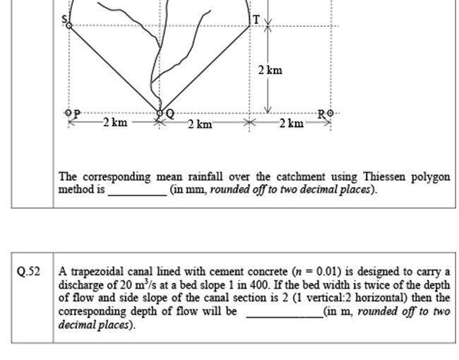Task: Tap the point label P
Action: [76, 112]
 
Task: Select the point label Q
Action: [169, 113]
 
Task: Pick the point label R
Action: [321, 113]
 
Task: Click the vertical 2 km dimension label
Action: [270, 70]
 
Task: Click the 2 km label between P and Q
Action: [114, 123]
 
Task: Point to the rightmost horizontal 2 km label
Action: [291, 124]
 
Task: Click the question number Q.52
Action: [29, 272]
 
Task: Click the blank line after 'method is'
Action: [136, 191]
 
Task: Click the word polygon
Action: [431, 176]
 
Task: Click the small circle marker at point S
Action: [68, 25]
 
